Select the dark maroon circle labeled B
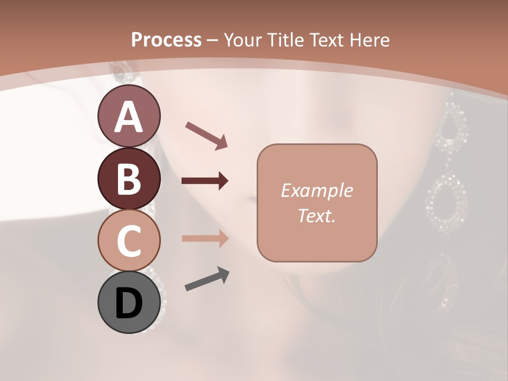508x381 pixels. (x=129, y=178)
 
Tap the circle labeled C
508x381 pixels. (x=129, y=241)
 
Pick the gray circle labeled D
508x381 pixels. (x=129, y=303)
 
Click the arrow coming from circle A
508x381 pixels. (x=206, y=135)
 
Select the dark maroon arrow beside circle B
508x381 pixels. (x=205, y=181)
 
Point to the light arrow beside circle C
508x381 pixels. (x=205, y=238)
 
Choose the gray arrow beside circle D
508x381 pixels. (x=207, y=279)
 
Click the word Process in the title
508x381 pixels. (x=166, y=40)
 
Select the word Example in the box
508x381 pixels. (x=316, y=191)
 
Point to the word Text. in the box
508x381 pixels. (x=316, y=215)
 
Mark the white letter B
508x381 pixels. (x=129, y=178)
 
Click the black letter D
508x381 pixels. (x=129, y=303)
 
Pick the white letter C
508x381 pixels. (x=129, y=241)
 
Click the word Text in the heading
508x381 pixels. (x=325, y=40)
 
